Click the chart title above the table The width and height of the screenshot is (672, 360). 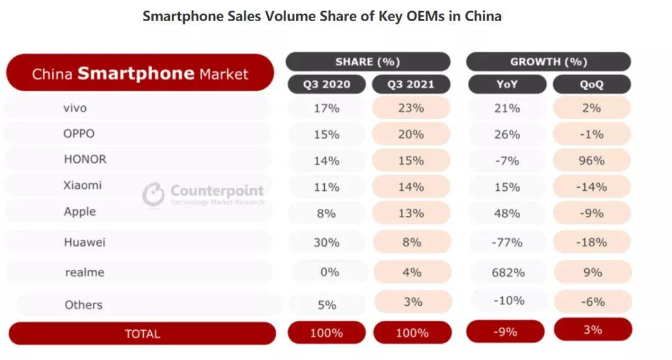point(322,16)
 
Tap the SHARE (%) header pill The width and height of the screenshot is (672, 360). point(368,62)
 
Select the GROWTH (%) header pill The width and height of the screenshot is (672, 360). point(548,62)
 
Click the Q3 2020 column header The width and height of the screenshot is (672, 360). point(327,85)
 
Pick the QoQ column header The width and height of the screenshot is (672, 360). point(592,85)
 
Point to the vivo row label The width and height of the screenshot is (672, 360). point(75,108)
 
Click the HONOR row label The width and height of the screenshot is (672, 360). point(85,159)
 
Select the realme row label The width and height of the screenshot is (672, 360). point(85,272)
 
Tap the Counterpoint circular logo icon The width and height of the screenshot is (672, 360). point(153,194)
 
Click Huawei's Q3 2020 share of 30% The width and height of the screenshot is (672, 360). point(327,242)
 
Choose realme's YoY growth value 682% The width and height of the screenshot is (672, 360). point(507,272)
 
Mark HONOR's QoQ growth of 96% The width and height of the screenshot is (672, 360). point(592,160)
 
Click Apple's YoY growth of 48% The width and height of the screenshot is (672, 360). point(507,213)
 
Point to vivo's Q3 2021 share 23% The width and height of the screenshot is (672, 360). point(411,108)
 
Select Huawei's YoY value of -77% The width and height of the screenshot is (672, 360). point(507,242)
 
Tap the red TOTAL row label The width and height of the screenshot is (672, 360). point(142,334)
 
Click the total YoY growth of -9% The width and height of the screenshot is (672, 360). point(505,332)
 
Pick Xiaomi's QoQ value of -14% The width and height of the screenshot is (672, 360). point(592,187)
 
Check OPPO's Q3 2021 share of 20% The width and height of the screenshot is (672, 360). point(411,134)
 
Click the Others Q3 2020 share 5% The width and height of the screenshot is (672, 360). point(327,305)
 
